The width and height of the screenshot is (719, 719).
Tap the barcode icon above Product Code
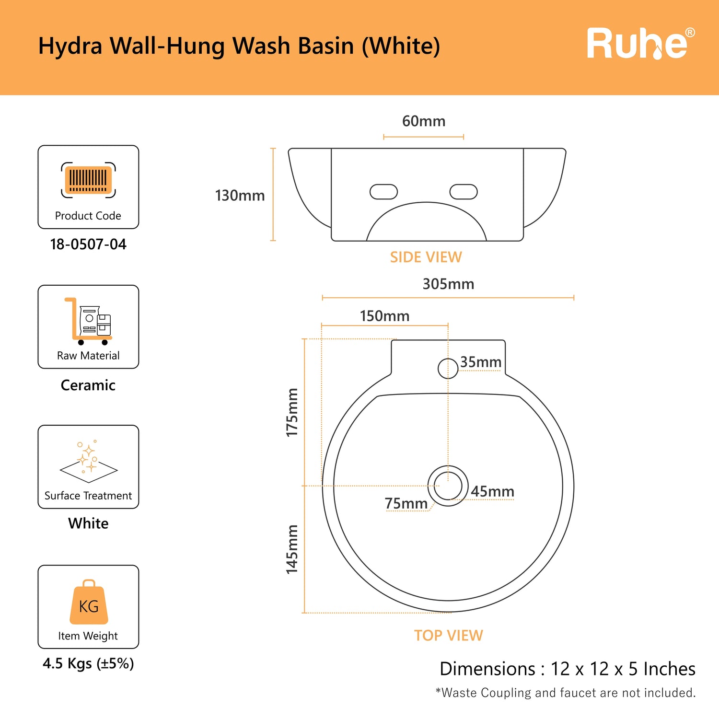click(88, 180)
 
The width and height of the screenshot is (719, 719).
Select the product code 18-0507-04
click(88, 244)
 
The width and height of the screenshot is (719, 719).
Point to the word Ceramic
click(88, 385)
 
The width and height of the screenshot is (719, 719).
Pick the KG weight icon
click(89, 602)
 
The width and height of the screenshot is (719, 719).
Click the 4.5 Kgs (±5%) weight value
click(88, 663)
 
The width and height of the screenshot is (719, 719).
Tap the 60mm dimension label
click(424, 121)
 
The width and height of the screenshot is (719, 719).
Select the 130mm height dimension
click(240, 196)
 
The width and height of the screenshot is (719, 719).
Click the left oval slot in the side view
click(383, 192)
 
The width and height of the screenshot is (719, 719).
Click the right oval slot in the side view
click(464, 192)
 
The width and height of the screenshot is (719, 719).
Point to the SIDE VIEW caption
click(426, 257)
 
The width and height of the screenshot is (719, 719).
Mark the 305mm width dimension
click(448, 284)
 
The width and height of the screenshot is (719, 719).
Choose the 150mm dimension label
click(384, 316)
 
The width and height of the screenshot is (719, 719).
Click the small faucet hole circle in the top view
click(448, 369)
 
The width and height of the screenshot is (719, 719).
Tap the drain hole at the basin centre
click(448, 486)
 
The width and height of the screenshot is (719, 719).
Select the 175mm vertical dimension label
click(292, 412)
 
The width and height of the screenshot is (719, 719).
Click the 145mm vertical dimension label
click(292, 549)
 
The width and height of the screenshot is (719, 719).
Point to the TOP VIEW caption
click(449, 636)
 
